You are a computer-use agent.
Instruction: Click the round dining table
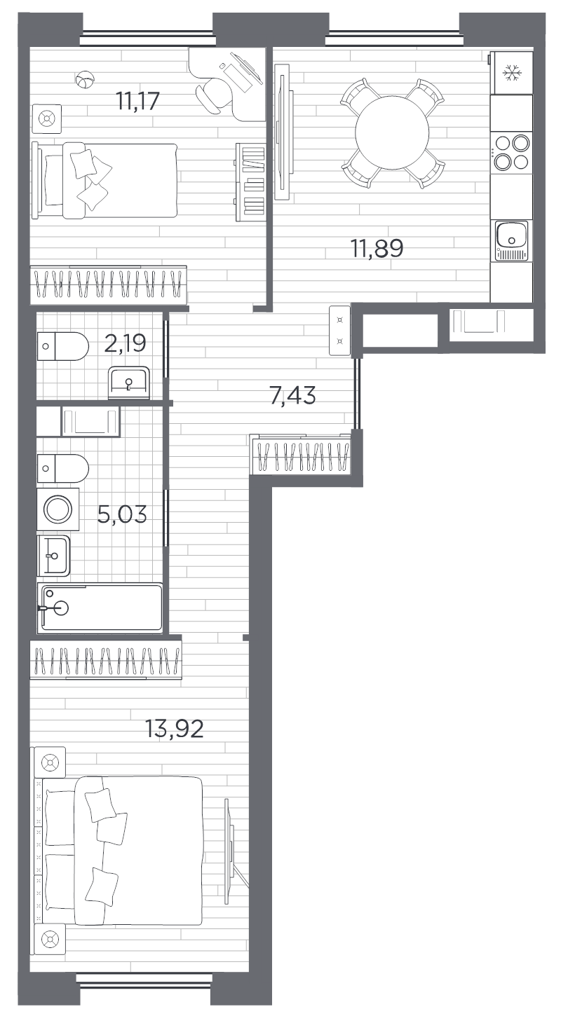(x=392, y=132)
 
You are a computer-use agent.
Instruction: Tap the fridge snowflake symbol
(x=511, y=73)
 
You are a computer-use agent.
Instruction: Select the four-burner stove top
(x=511, y=152)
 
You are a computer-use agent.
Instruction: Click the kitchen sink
(x=511, y=238)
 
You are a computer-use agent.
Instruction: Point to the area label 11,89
(x=377, y=248)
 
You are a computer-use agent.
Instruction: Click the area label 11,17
(x=138, y=102)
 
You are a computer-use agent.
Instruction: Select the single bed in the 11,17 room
(x=105, y=180)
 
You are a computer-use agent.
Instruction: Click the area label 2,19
(x=126, y=343)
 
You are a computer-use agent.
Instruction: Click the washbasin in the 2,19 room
(x=129, y=382)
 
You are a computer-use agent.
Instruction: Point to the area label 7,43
(x=293, y=396)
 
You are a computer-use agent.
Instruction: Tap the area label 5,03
(x=122, y=515)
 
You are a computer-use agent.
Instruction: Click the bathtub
(x=100, y=607)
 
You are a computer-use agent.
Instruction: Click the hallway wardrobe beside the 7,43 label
(x=302, y=457)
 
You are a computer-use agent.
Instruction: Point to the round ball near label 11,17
(x=85, y=81)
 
